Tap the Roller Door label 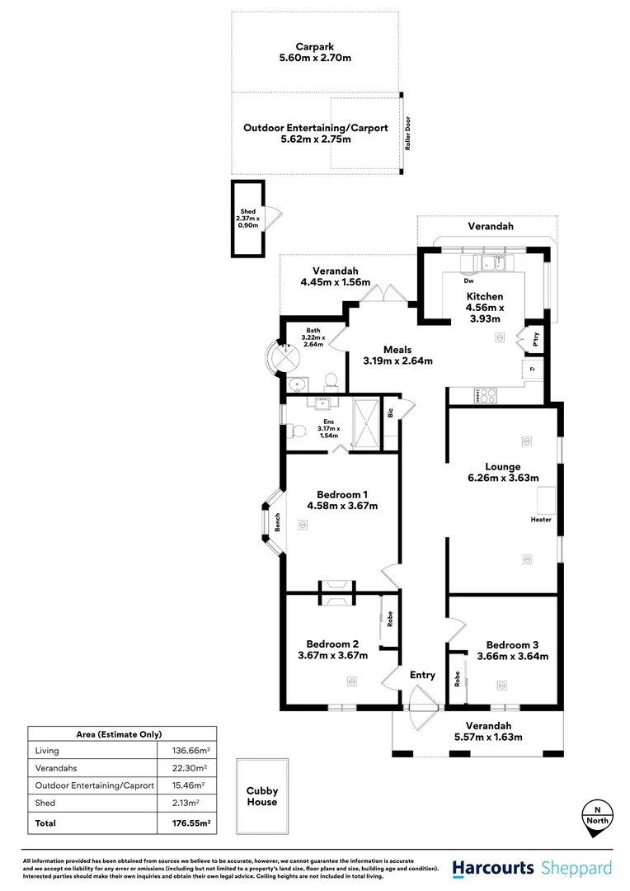click(x=407, y=134)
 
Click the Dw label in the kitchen click(x=468, y=280)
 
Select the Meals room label click(x=397, y=350)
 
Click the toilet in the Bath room click(x=331, y=380)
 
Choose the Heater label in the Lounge click(x=541, y=520)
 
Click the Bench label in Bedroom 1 click(x=278, y=522)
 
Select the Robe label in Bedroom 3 click(x=457, y=679)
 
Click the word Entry click(x=422, y=676)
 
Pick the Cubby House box click(x=261, y=796)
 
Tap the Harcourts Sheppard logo click(x=532, y=868)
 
